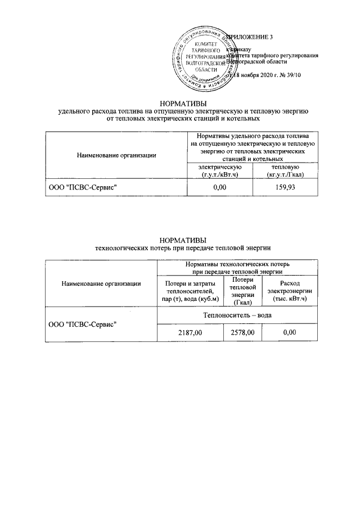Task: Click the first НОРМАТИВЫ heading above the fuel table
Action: (x=180, y=103)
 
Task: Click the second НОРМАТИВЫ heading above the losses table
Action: (x=180, y=240)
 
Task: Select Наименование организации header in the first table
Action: (x=116, y=155)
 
